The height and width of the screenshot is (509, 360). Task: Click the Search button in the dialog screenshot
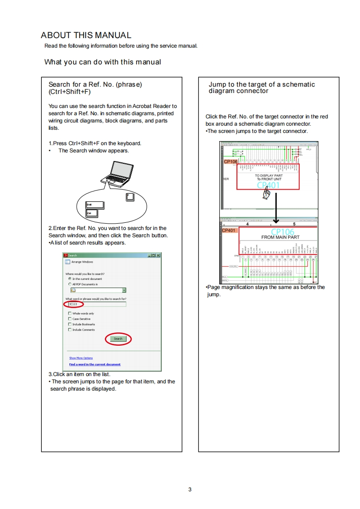click(x=118, y=339)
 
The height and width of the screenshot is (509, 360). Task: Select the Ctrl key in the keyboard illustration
click(x=92, y=213)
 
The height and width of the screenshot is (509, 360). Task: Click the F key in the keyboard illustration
click(x=130, y=197)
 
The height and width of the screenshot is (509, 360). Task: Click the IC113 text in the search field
click(x=73, y=304)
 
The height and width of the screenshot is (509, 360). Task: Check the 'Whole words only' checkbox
click(x=69, y=313)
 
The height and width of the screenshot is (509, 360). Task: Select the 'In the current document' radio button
click(x=69, y=279)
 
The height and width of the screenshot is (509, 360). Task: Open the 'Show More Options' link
click(x=81, y=358)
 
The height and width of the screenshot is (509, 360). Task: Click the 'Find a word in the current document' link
click(x=95, y=364)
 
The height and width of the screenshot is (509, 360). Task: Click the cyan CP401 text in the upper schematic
click(x=268, y=185)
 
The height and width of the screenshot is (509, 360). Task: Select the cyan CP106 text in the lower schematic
click(x=282, y=232)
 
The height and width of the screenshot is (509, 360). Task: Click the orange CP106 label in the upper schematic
click(x=230, y=162)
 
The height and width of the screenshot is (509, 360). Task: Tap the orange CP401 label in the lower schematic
click(x=229, y=231)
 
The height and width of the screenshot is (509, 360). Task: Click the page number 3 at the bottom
click(x=190, y=489)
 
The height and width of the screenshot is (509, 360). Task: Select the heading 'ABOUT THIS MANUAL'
click(x=86, y=35)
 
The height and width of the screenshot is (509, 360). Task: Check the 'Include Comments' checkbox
click(x=69, y=330)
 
